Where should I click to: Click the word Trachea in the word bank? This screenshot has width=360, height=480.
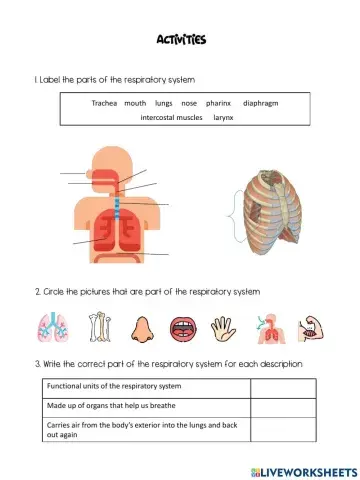[104, 103]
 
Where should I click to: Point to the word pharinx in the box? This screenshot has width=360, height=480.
[218, 103]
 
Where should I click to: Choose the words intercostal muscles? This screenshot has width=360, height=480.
[171, 117]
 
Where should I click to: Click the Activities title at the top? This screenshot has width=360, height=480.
[180, 40]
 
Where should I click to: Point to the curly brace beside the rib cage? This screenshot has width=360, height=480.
[233, 217]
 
